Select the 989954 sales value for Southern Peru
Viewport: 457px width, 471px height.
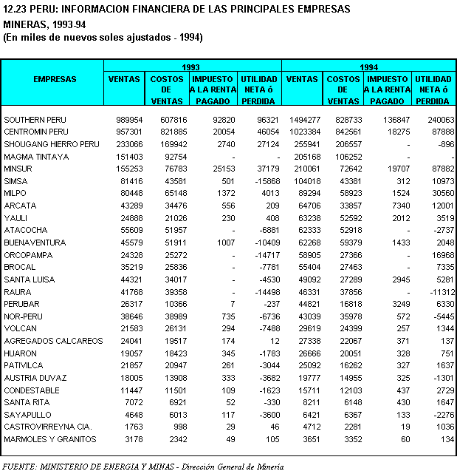127,119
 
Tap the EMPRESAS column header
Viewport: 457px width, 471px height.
55,79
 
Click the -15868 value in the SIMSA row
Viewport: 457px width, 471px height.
264,181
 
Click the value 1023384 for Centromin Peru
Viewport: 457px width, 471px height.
301,132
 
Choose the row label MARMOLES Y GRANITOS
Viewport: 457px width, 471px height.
49,439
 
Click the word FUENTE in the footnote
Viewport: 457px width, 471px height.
20,466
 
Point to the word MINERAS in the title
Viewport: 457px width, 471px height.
26,24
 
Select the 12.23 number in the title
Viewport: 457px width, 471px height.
16,9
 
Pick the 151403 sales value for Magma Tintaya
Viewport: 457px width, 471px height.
127,157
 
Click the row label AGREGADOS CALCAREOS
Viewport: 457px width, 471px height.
53,341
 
